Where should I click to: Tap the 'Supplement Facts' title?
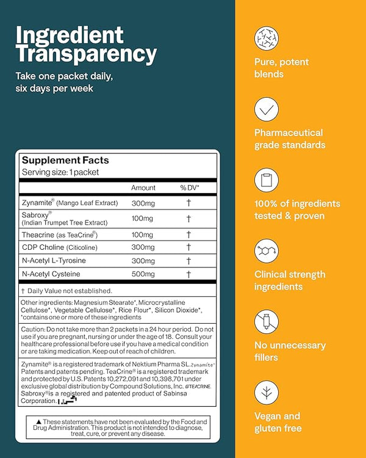coord(65,161)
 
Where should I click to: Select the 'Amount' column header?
coord(143,188)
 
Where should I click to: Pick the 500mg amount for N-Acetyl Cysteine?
coord(143,274)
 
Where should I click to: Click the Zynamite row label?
coord(67,202)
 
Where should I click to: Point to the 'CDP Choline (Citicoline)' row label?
coord(64,247)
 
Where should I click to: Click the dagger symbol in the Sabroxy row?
coord(189,218)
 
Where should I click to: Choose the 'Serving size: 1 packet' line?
coord(60,172)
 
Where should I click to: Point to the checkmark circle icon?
coord(267,109)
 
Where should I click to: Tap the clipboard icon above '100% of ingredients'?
coord(267,180)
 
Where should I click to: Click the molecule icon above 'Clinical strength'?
coord(267,251)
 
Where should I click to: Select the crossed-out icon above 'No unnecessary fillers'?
coord(267,322)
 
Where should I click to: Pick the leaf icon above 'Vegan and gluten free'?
coord(267,393)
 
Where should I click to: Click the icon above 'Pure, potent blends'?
coord(267,38)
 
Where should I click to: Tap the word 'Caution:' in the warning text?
coord(34,329)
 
